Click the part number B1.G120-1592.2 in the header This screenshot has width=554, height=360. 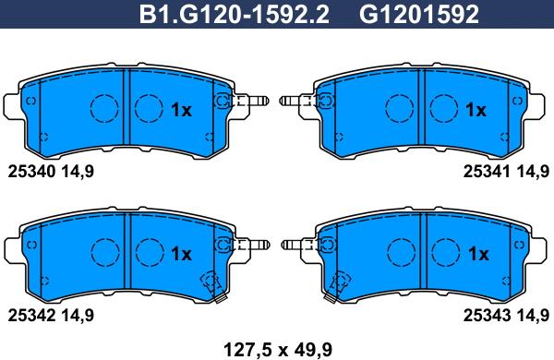coord(235,15)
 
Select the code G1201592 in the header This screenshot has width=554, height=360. coord(419,15)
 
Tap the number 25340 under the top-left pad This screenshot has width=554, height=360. coord(31,172)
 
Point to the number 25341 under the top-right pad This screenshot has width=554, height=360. coord(487,172)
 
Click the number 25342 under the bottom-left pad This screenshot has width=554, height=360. coord(31,316)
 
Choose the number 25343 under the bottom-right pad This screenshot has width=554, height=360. coord(487,316)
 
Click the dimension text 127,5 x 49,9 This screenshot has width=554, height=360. coord(278,350)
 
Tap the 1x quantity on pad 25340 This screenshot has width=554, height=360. coord(181,110)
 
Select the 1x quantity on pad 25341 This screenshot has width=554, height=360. coord(476,110)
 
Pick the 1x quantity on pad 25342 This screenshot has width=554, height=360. coord(181,254)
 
